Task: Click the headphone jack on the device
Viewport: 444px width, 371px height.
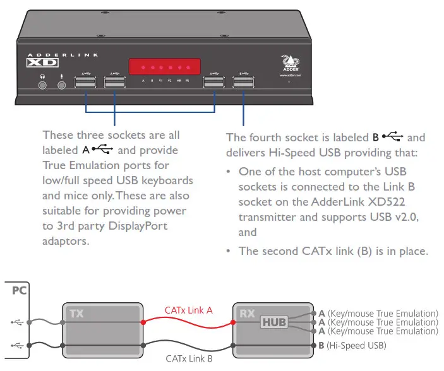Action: click(43, 83)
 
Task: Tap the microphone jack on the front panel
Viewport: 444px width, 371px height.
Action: click(62, 83)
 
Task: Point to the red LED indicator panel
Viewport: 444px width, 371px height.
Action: click(165, 66)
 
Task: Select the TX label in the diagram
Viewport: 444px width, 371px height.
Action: click(76, 312)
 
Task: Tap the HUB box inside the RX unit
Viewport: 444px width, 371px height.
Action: click(273, 322)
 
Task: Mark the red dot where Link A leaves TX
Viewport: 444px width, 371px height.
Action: click(143, 322)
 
